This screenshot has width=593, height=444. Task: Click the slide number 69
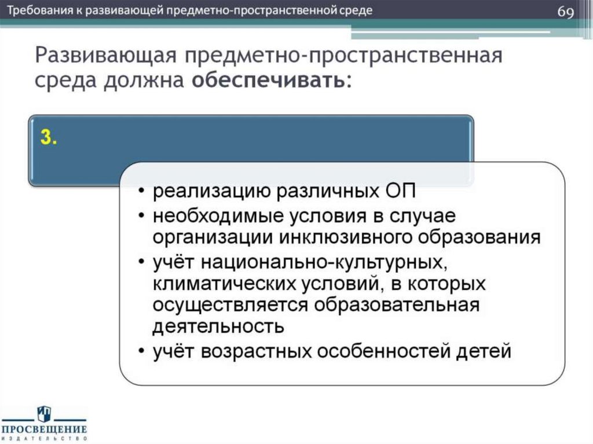[566, 13]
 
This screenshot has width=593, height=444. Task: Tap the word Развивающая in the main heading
[104, 57]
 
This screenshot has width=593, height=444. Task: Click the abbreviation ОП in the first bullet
[400, 193]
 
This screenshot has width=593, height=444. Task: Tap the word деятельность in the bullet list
[218, 326]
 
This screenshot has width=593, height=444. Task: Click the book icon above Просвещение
[44, 413]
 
